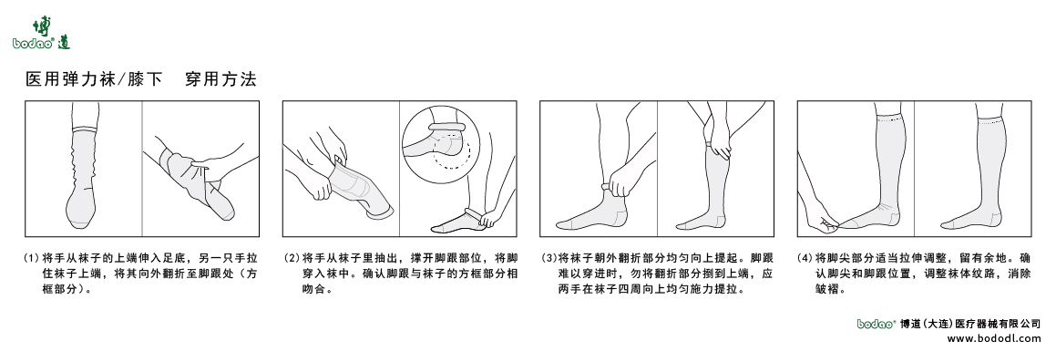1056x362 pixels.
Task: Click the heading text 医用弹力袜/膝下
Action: tap(94, 79)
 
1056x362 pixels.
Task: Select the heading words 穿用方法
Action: tap(220, 79)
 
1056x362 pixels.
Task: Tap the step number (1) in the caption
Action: tap(32, 258)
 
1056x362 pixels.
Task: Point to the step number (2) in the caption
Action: tap(291, 258)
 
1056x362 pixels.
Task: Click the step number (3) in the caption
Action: tap(549, 258)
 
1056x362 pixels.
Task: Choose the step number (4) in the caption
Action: tap(805, 258)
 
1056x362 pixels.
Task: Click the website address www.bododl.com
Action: tap(993, 337)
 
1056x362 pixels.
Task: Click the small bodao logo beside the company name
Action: tap(877, 323)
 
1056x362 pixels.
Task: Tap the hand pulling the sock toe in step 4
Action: tap(825, 219)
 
